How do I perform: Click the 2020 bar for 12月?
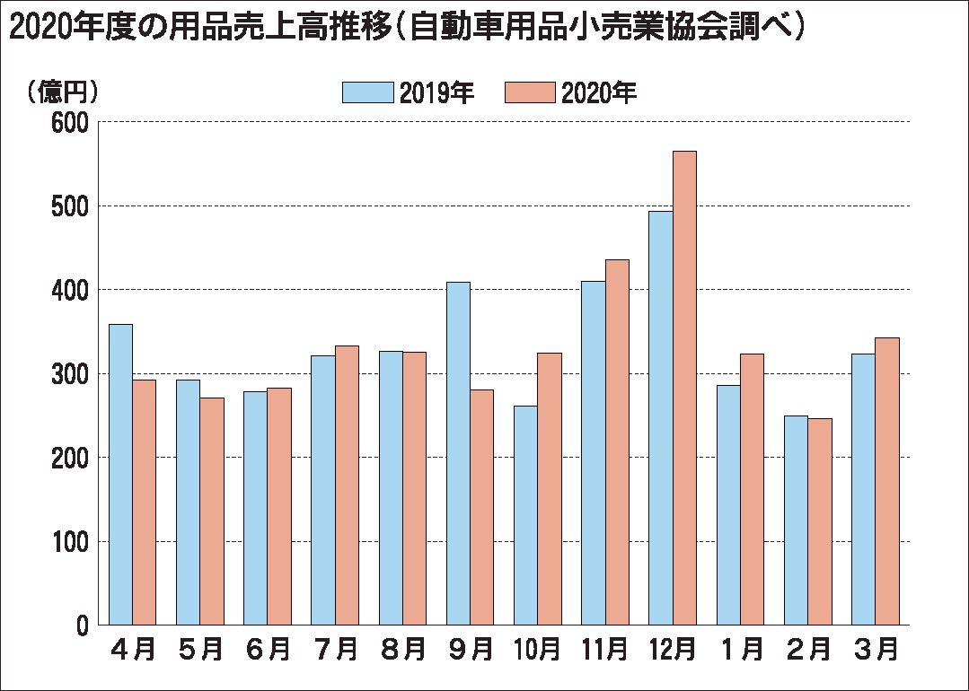684,388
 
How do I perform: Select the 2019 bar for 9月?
458,453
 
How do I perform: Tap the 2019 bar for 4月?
120,474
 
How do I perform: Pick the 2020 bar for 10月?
549,489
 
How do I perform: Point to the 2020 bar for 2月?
819,521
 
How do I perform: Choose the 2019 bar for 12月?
661,418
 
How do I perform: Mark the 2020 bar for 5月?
212,512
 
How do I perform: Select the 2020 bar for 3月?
887,481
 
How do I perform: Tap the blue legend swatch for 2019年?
368,92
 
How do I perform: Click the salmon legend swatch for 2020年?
530,92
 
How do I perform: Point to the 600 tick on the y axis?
69,122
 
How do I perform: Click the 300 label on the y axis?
69,373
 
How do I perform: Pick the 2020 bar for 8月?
414,488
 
